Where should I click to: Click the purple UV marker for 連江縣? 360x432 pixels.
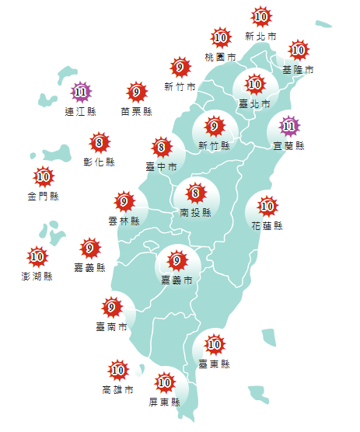click(81, 93)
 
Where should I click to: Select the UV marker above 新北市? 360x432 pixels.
click(261, 16)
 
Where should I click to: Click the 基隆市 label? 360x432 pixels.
click(298, 70)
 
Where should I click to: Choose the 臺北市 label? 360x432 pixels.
click(255, 103)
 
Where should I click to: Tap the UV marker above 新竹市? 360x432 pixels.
click(180, 67)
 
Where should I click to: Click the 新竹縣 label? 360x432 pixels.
click(214, 145)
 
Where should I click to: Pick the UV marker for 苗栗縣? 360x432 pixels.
click(137, 92)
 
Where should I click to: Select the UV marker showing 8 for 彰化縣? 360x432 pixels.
click(99, 143)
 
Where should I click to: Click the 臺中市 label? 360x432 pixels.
click(161, 166)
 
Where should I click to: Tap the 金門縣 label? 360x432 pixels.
click(44, 196)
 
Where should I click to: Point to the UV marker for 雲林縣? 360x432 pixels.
click(124, 203)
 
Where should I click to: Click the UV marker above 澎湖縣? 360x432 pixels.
click(37, 256)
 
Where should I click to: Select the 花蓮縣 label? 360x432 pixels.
click(267, 226)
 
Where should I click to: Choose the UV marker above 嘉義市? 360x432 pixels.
click(177, 260)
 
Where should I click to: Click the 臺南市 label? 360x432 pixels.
click(112, 327)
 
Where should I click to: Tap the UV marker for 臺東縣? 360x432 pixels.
click(215, 343)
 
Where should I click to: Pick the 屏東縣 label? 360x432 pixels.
click(164, 402)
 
